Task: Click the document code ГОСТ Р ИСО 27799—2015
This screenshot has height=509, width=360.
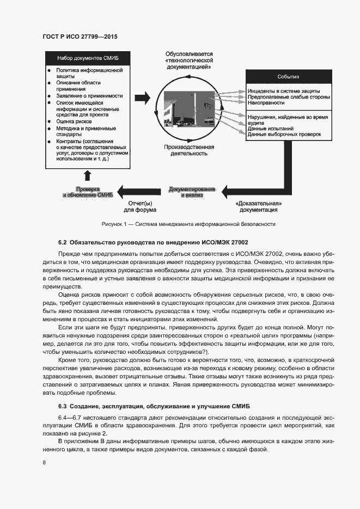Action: [x=80, y=36]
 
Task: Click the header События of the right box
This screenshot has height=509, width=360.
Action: [x=288, y=77]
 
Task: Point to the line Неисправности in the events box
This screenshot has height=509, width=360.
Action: [x=266, y=102]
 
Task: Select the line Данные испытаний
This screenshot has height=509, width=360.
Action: [x=267, y=128]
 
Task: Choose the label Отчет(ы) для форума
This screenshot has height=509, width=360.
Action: [x=139, y=206]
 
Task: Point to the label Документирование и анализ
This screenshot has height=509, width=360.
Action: [x=192, y=192]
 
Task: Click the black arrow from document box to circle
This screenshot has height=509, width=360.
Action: [x=142, y=97]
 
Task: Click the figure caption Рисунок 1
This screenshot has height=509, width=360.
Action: [x=188, y=224]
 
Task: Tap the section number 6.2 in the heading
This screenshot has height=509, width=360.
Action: [x=62, y=242]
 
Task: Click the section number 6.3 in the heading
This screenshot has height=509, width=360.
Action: [x=62, y=406]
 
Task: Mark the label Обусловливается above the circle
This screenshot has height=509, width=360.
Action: [x=189, y=54]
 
